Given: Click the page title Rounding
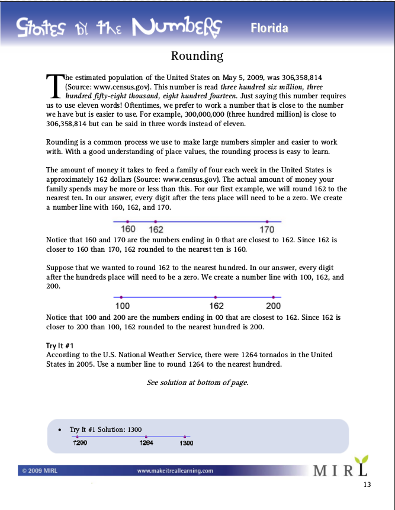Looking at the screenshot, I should point(197,56).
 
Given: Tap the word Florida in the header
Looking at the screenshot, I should point(269,28).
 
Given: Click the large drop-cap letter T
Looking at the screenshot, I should point(54,85).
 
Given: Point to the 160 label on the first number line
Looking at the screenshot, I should point(128,229).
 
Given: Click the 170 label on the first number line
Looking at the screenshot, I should point(267,229).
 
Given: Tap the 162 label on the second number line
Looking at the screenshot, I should point(216,306).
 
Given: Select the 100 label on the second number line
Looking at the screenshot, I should point(122,306).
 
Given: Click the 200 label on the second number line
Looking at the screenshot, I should point(273,306).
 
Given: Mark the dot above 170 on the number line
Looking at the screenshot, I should point(267,222).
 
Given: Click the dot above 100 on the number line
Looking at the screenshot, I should point(121,297).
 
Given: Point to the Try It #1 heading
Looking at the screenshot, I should point(59,345).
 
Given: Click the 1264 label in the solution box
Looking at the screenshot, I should point(146,442).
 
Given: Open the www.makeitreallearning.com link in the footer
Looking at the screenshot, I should point(175,471).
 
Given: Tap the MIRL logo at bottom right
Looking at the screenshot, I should point(341,469).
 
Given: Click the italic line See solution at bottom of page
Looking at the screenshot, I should point(197,383).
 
